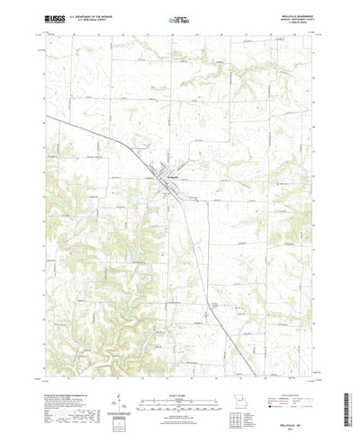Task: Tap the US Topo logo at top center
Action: [179, 17]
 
